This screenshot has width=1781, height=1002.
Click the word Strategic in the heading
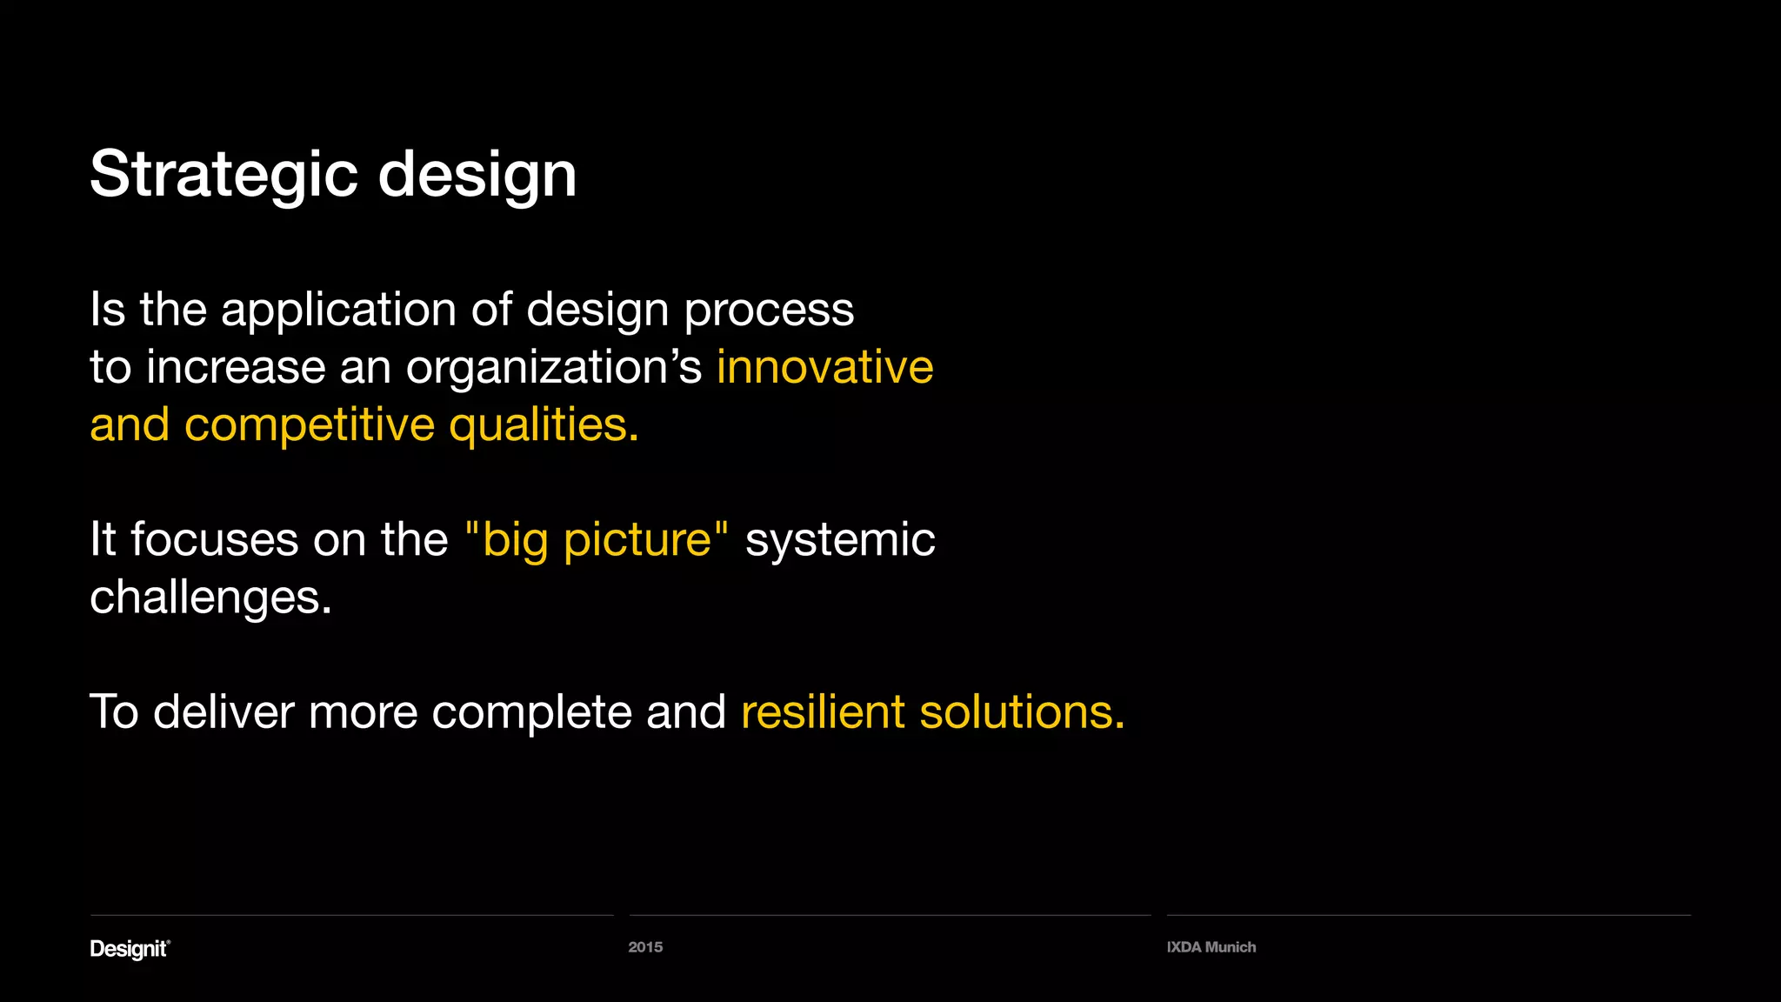223,175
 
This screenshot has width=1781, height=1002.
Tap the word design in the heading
477,175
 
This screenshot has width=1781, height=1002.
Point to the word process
769,311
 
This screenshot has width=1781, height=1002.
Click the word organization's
553,368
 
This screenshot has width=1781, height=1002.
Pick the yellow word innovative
824,366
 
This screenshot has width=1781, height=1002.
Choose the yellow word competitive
310,425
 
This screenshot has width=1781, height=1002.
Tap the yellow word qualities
543,425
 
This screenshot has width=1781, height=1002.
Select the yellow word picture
637,541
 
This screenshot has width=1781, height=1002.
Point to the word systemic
840,539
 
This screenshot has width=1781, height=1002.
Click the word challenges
210,598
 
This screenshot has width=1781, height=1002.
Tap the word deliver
223,711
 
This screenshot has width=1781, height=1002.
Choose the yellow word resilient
823,711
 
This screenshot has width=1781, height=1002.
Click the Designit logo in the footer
130,949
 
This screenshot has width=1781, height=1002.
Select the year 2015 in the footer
645,947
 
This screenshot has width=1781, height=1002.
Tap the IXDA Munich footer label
1211,947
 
